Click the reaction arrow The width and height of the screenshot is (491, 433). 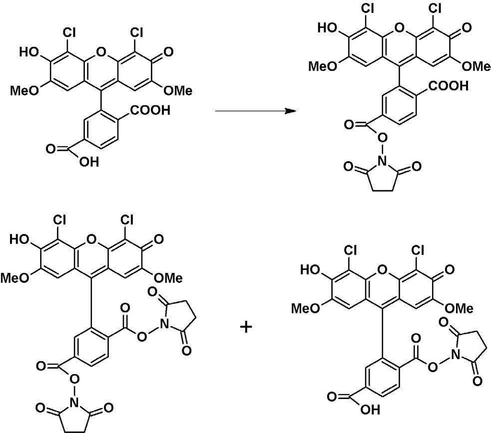(256, 111)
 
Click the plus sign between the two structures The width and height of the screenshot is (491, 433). (246, 327)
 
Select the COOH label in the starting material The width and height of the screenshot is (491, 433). (150, 110)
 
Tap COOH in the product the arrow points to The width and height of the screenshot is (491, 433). (448, 86)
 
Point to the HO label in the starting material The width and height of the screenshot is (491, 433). (28, 51)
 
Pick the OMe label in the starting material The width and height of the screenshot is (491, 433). (178, 91)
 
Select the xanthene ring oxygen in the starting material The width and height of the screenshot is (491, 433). (101, 51)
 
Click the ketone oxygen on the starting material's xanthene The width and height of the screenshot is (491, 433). (168, 51)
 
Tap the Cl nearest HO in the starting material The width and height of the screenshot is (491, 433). (69, 32)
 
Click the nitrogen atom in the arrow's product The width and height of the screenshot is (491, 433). (382, 161)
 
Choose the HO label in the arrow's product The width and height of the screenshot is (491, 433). (327, 28)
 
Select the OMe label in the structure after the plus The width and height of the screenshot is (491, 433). (459, 309)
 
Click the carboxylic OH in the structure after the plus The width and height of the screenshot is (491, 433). (371, 410)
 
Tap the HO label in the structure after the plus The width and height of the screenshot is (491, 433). (310, 269)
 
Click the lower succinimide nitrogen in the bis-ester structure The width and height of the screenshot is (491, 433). (74, 403)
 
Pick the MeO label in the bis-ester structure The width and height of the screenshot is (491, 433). (14, 278)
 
